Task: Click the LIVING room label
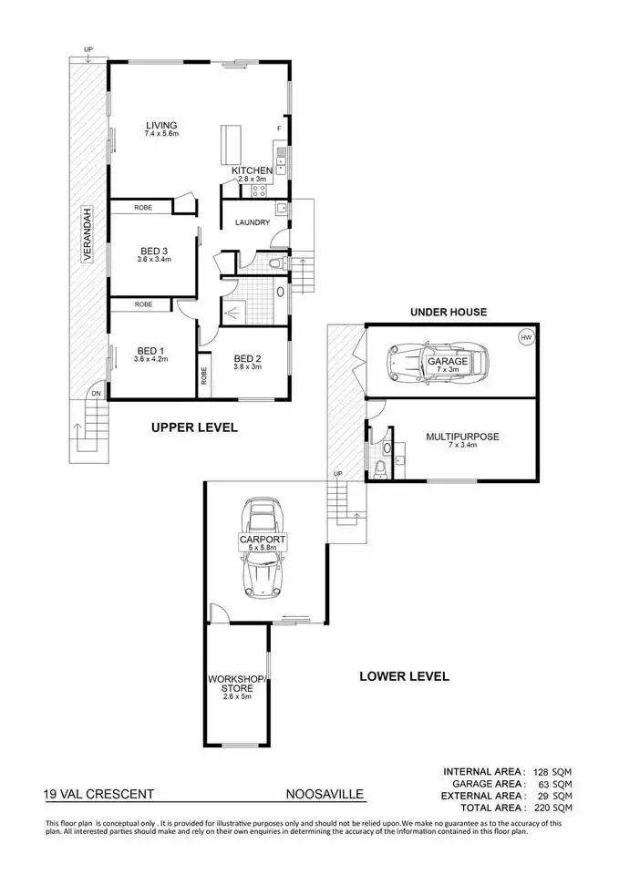tap(160, 125)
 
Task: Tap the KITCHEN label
tap(251, 170)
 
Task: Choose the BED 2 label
tap(248, 358)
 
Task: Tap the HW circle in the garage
tap(525, 337)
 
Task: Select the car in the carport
tap(262, 548)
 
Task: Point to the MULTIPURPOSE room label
tap(462, 437)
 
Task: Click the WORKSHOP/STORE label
tap(236, 683)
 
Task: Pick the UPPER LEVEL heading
tap(194, 427)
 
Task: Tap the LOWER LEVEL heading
tap(403, 676)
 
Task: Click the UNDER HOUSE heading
tap(448, 312)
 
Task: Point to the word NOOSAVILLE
tap(325, 794)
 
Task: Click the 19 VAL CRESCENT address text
tap(99, 794)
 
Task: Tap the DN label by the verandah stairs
tap(96, 394)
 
